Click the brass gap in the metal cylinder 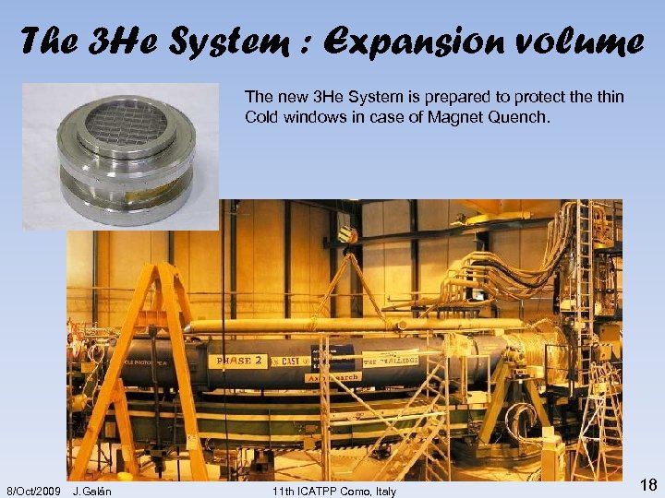129,181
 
